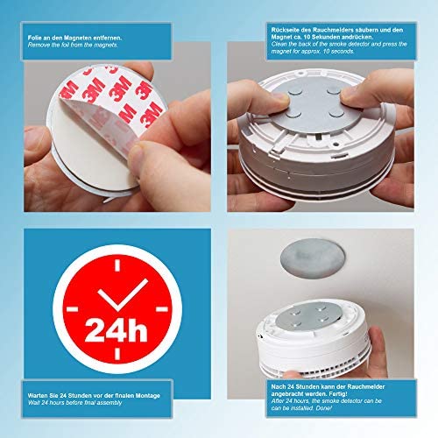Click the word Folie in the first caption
(x=34, y=38)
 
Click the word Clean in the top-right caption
(x=279, y=45)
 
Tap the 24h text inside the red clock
(x=117, y=330)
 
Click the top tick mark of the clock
(x=117, y=265)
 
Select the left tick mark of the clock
(x=72, y=309)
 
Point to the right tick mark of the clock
(x=162, y=309)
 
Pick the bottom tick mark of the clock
(x=117, y=353)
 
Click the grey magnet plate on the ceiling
(x=313, y=258)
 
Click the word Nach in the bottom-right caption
(x=279, y=386)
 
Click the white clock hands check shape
(x=123, y=296)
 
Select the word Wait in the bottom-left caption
(x=34, y=403)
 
